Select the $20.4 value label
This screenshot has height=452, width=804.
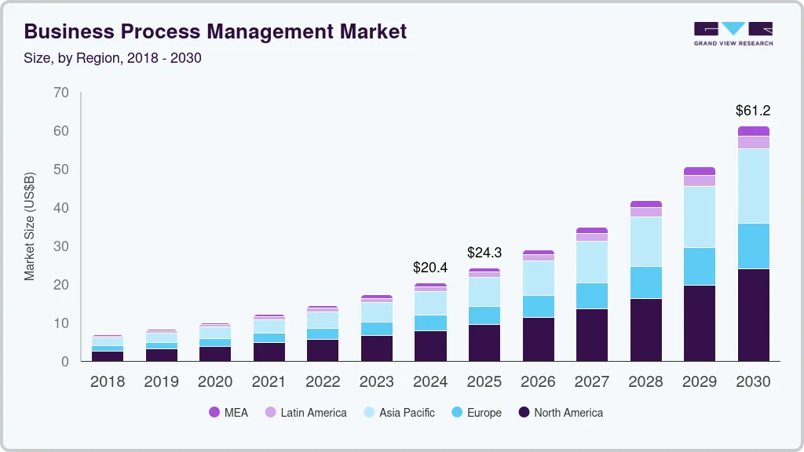click(x=430, y=268)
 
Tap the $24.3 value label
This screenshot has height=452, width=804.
click(x=484, y=253)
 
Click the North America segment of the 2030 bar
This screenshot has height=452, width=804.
click(x=754, y=315)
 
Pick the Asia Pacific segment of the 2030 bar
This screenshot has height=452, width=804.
click(x=754, y=186)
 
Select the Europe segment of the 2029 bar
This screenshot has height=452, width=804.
click(x=700, y=266)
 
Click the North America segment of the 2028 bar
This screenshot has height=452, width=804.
click(x=645, y=330)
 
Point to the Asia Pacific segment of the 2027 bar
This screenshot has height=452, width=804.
click(x=592, y=262)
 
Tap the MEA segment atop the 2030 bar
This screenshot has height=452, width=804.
click(x=754, y=131)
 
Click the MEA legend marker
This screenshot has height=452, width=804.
click(x=214, y=413)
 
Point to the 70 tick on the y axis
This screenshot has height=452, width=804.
click(x=61, y=93)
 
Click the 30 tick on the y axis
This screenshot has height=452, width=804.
click(x=61, y=246)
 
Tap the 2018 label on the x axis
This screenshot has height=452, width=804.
click(x=108, y=382)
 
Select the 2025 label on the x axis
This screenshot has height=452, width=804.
click(x=484, y=382)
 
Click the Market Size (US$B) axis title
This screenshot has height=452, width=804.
click(x=30, y=226)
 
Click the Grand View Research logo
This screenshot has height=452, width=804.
click(x=733, y=34)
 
